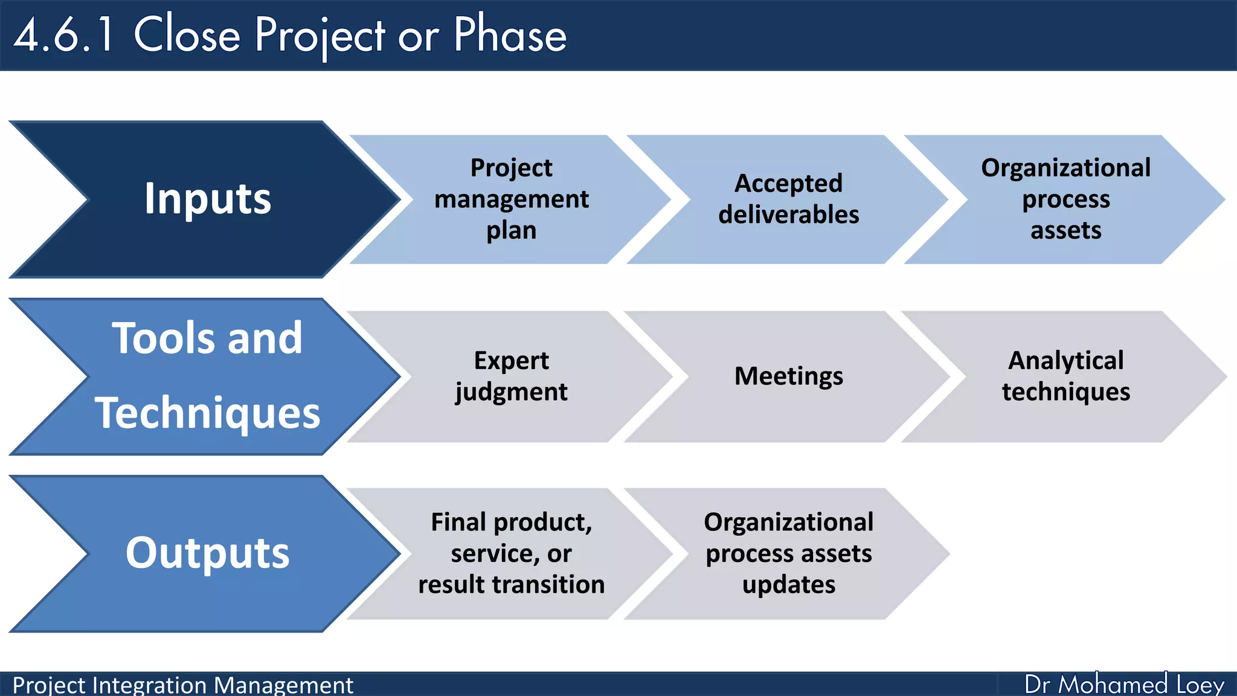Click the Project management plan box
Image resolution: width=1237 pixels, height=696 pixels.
click(511, 199)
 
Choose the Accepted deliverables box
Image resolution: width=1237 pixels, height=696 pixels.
click(788, 199)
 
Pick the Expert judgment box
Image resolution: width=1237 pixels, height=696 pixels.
click(511, 376)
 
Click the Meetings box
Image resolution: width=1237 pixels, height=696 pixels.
click(788, 376)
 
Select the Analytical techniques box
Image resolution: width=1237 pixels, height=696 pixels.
click(1065, 376)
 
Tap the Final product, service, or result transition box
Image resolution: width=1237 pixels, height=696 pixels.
click(511, 553)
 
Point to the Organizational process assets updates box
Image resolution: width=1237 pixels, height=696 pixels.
click(788, 553)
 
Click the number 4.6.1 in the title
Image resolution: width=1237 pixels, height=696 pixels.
click(64, 35)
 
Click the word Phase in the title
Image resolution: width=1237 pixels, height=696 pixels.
click(510, 35)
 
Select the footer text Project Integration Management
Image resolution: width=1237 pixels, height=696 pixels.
click(182, 685)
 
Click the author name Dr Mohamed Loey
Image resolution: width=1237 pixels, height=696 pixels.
click(1123, 685)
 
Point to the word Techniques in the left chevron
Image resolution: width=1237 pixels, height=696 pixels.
click(207, 413)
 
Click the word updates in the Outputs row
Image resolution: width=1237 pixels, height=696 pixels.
click(789, 585)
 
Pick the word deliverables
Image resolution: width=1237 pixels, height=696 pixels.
click(788, 215)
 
